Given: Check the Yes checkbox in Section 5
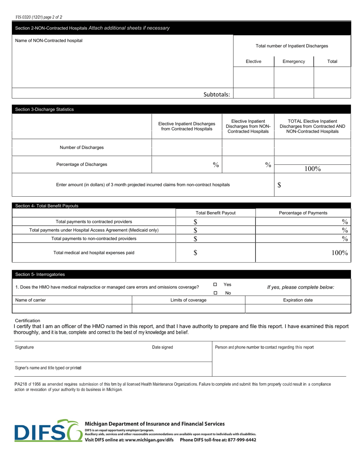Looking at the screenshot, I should pyautogui.click(x=215, y=285).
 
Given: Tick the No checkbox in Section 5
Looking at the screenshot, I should pyautogui.click(x=215, y=293).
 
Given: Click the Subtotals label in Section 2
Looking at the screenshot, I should pyautogui.click(x=216, y=95).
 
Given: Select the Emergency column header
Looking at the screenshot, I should pyautogui.click(x=294, y=61).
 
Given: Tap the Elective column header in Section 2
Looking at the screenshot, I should pyautogui.click(x=253, y=61).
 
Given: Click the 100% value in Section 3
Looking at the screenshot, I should pyautogui.click(x=313, y=169).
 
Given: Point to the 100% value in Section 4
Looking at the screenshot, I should pyautogui.click(x=340, y=253).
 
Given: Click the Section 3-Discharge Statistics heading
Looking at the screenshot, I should pyautogui.click(x=44, y=109).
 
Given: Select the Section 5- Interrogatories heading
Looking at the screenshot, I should pyautogui.click(x=40, y=274).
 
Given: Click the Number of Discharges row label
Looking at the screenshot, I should pyautogui.click(x=81, y=147).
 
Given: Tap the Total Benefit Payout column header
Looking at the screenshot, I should pyautogui.click(x=215, y=213).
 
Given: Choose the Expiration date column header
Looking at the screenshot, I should pyautogui.click(x=298, y=300).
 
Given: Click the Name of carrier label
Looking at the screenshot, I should pyautogui.click(x=30, y=300).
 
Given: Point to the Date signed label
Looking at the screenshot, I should pyautogui.click(x=162, y=347).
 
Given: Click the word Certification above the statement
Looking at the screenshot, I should pyautogui.click(x=27, y=321).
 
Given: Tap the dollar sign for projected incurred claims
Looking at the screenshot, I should pyautogui.click(x=279, y=185).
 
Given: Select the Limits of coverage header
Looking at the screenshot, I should pyautogui.click(x=188, y=300).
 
